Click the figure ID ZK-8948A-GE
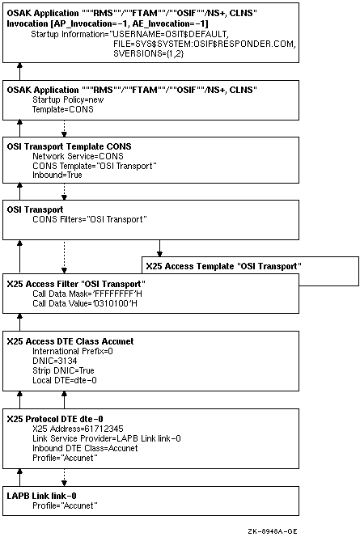[x=273, y=531]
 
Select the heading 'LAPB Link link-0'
[x=41, y=496]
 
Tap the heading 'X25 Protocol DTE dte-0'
[x=55, y=419]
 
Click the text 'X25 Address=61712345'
[x=78, y=429]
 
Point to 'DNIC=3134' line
[x=55, y=361]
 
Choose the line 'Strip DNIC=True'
[x=63, y=370]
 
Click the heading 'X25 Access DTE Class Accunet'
[x=70, y=341]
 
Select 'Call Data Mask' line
[x=87, y=294]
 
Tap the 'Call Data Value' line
[x=85, y=303]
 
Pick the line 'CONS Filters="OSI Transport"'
[x=90, y=219]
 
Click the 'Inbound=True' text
[x=57, y=175]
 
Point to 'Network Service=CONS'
[x=78, y=156]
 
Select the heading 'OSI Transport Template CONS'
[x=70, y=146]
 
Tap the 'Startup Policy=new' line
[x=68, y=99]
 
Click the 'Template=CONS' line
[x=62, y=109]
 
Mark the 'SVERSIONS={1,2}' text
[x=149, y=53]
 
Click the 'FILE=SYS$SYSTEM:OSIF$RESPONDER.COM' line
[x=205, y=44]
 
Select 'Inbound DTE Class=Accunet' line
[x=85, y=448]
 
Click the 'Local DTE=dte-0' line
[x=65, y=380]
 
